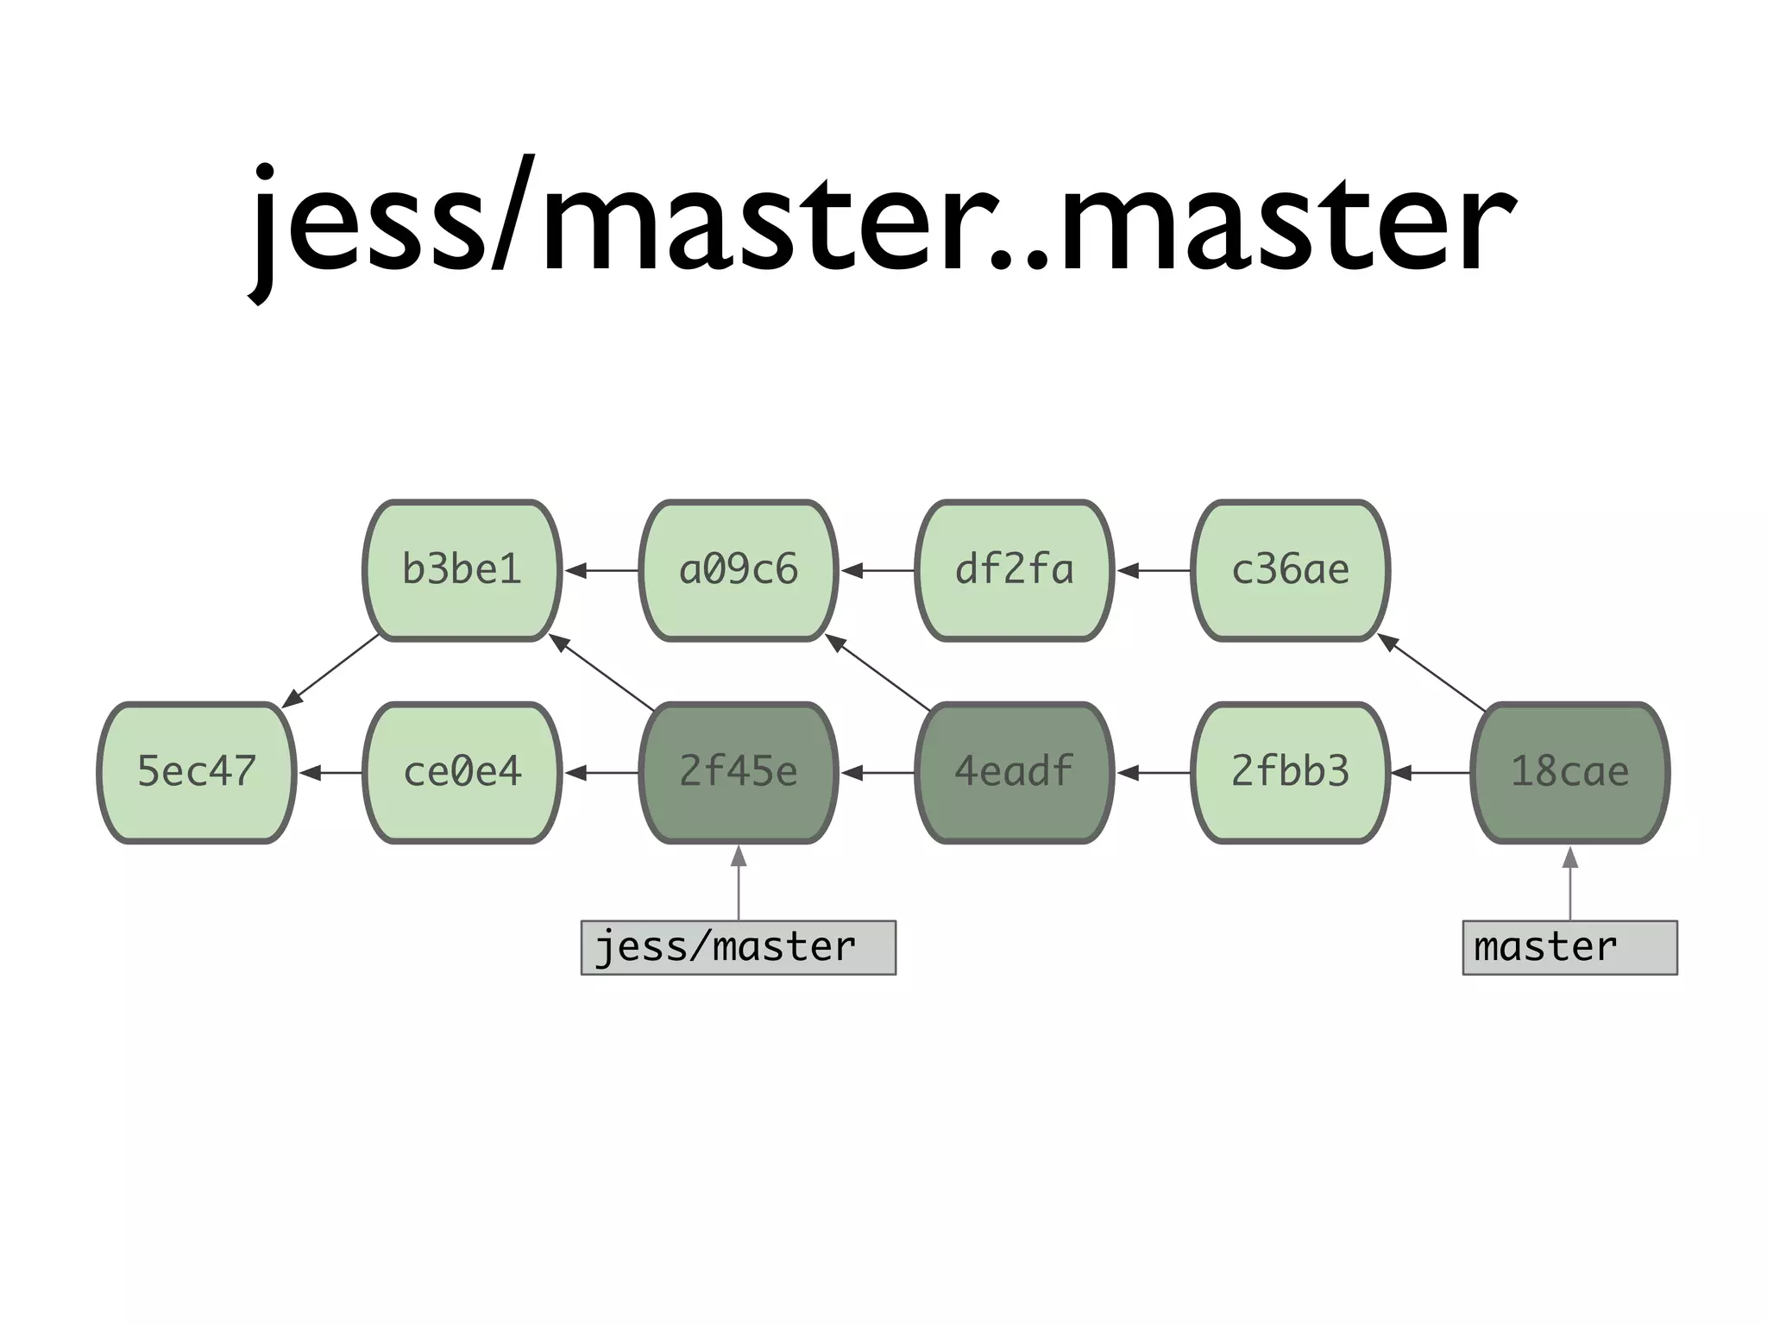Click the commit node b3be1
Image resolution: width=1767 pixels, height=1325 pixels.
tap(462, 570)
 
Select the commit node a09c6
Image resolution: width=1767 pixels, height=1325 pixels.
tap(739, 570)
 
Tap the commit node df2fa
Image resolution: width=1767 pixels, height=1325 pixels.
tap(1014, 570)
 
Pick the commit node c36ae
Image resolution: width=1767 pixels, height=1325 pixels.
tap(1290, 570)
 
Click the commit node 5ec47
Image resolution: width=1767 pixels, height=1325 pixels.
tap(197, 772)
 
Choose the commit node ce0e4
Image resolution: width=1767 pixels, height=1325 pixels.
tap(462, 772)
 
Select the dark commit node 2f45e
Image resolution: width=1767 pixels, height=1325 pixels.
tap(739, 772)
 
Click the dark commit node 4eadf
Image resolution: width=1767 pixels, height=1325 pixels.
tap(1014, 772)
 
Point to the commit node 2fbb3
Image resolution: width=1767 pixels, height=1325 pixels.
tap(1290, 772)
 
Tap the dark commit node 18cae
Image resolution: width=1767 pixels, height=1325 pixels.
tap(1569, 772)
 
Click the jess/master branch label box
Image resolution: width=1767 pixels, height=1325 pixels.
tap(739, 947)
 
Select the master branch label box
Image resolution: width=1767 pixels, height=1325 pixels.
tap(1569, 947)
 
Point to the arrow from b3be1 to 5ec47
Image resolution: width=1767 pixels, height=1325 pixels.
tap(332, 671)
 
